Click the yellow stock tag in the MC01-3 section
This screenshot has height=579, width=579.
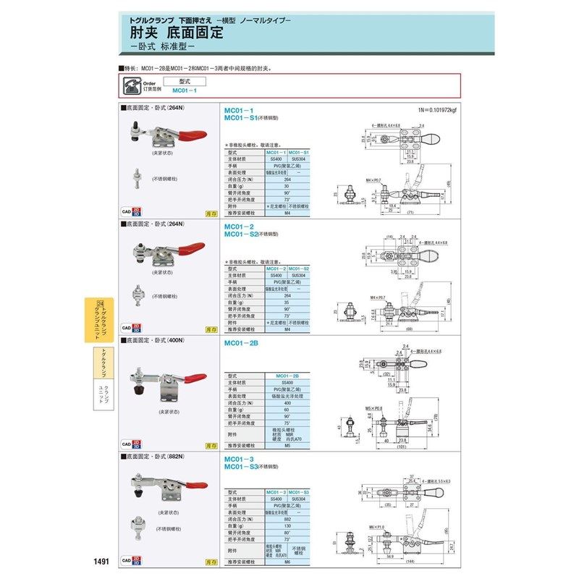point(211,561)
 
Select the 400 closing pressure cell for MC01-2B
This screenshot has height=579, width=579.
point(287,404)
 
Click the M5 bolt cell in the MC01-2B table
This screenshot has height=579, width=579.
point(287,446)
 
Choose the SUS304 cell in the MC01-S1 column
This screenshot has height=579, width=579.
point(299,159)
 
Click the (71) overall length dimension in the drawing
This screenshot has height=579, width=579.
point(410,215)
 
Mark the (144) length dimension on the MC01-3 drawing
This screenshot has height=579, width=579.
point(410,562)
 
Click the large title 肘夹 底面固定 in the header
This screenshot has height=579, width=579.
point(177,32)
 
